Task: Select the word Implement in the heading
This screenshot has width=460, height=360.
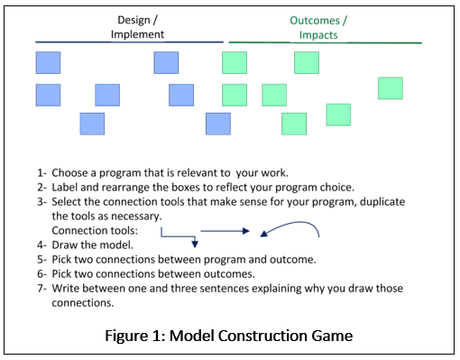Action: coord(137,34)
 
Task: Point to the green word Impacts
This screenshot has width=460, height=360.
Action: coord(322,34)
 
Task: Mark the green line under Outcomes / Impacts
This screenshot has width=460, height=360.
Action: coord(325,42)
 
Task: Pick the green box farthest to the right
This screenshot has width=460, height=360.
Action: coord(390,88)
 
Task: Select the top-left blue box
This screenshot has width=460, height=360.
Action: coord(48,62)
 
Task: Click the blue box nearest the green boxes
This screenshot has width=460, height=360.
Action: coord(217,124)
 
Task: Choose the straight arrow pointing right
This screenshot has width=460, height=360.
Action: coord(229,231)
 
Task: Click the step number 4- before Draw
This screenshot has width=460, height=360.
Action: coord(41,245)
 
